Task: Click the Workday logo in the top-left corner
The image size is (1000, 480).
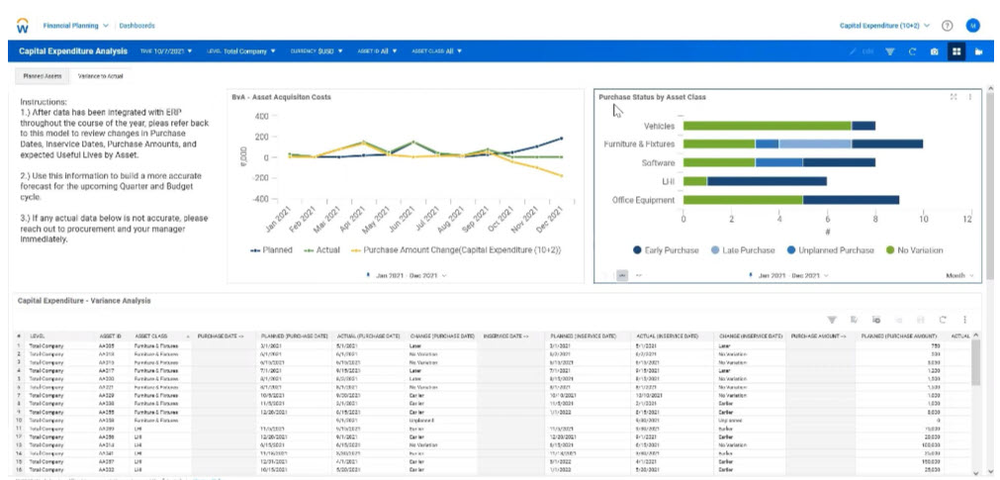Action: coord(23,25)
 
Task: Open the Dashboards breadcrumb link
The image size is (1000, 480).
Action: coord(136,25)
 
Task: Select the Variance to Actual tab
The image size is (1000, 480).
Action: coord(102,75)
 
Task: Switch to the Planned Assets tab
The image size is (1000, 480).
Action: coord(43,75)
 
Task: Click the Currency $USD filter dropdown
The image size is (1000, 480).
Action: coord(317,50)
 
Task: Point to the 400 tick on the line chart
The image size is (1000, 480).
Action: coord(261,116)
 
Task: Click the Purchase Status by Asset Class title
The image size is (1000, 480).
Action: coord(652,97)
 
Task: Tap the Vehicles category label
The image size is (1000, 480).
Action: coord(659,126)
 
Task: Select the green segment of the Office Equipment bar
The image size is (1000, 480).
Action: coord(742,200)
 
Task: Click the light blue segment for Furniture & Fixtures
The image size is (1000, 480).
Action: coord(816,144)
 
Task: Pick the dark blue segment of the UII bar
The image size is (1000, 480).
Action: coord(767,181)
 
